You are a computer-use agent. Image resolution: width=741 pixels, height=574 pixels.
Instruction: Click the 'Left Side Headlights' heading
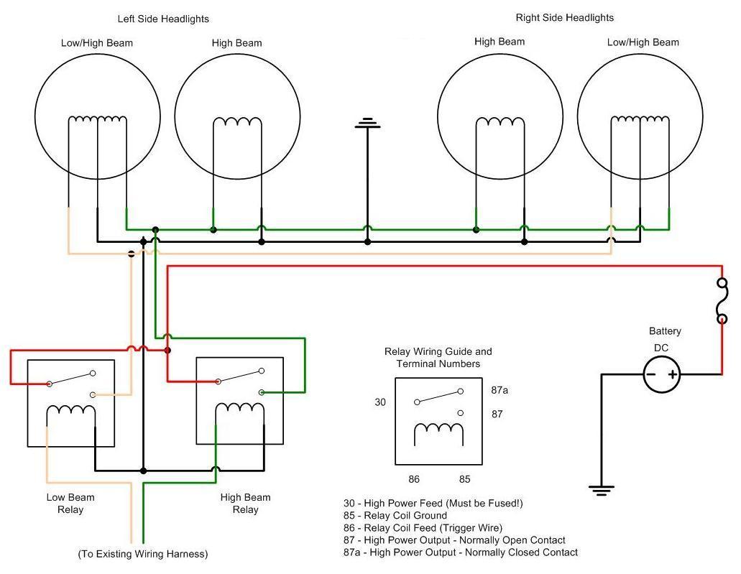(163, 19)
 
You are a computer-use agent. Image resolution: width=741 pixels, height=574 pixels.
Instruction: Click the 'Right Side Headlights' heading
(565, 17)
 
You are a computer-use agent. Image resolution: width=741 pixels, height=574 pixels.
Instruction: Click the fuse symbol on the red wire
(722, 301)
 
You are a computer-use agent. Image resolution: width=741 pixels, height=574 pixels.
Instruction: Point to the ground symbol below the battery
(602, 491)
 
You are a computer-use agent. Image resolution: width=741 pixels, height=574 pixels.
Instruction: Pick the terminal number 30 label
(380, 402)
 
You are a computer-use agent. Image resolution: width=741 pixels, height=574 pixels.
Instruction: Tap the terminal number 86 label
(414, 479)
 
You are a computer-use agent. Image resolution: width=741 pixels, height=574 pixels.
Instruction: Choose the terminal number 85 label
(465, 479)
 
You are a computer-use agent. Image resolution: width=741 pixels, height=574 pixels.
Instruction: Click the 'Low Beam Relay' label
(70, 504)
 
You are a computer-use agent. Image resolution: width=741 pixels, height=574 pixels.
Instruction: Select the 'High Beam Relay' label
(245, 504)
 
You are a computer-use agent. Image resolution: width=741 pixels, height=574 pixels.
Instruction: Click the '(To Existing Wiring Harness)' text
(142, 554)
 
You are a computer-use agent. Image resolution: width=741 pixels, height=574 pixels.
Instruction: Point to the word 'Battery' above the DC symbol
(665, 331)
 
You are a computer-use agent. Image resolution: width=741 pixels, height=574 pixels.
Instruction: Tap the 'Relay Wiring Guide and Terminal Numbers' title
(438, 358)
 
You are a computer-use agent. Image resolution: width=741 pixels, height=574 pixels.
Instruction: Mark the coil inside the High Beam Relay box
(239, 409)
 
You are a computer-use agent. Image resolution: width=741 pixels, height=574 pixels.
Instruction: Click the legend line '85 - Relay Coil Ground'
(395, 516)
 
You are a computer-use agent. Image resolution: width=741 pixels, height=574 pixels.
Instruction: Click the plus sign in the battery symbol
(673, 374)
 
